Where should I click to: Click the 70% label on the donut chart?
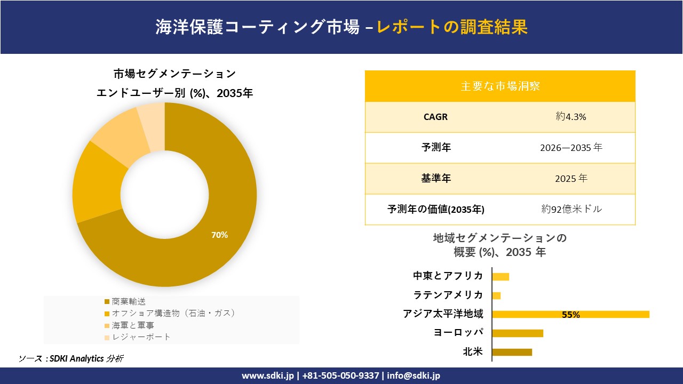[219, 235]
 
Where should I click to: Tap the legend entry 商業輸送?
[129, 302]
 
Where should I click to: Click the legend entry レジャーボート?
[141, 337]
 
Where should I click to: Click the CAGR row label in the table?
[435, 117]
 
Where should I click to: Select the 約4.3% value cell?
[570, 117]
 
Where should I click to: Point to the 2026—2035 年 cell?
[570, 148]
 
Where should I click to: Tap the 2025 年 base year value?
[570, 179]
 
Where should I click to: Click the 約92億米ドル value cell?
[571, 209]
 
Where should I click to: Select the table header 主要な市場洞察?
[500, 86]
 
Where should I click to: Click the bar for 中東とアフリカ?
[501, 276]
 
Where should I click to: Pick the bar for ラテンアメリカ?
[496, 295]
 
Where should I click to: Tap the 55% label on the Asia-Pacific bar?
[570, 315]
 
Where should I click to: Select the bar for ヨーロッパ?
[517, 333]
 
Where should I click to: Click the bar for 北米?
[512, 352]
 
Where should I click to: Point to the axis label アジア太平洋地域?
[443, 314]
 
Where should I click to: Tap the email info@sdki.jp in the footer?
[414, 375]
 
